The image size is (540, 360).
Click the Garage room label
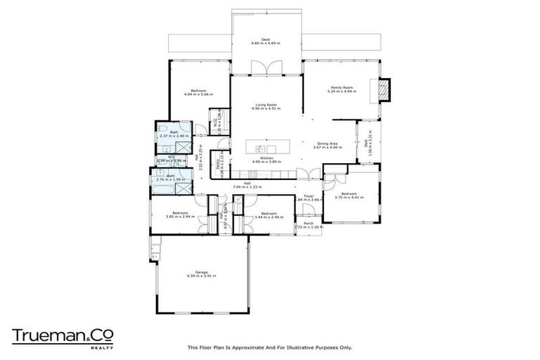201,273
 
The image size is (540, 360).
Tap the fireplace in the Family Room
384,89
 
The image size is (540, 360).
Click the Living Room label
266,105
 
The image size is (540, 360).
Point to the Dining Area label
328,143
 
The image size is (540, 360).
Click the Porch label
309,224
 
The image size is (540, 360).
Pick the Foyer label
308,196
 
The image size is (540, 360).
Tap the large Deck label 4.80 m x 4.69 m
266,40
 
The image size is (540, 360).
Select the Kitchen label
266,158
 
